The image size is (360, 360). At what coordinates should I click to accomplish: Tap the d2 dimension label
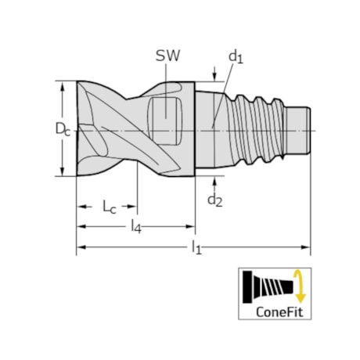pos(215,201)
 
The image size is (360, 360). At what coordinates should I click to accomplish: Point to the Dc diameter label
pos(49,128)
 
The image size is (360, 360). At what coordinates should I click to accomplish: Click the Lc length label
pos(109,207)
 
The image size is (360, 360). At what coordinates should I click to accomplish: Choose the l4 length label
pos(135,228)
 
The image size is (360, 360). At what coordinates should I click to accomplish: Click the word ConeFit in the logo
pos(276,311)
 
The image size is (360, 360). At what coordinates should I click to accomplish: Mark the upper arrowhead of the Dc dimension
pos(61,85)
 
